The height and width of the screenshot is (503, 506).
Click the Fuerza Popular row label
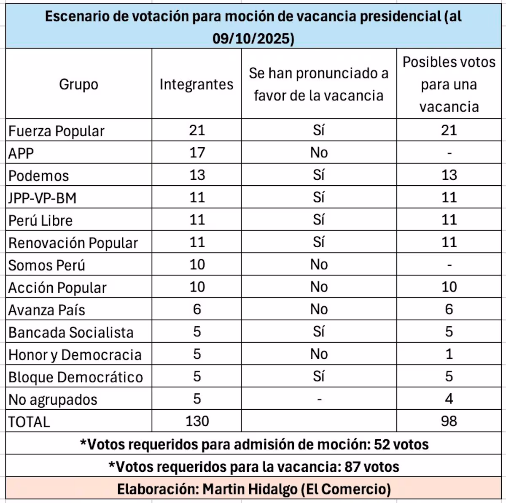click(x=56, y=131)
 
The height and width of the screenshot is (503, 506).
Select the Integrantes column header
click(x=196, y=84)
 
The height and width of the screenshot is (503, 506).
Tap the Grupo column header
click(x=78, y=84)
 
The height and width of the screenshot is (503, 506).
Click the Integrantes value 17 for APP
click(x=197, y=152)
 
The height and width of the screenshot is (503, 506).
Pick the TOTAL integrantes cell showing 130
click(x=197, y=421)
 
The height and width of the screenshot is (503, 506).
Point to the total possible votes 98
click(x=449, y=421)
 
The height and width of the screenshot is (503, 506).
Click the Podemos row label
click(x=38, y=176)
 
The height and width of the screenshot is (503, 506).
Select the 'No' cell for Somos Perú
click(x=319, y=265)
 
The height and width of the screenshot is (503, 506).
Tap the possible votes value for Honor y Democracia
click(x=449, y=354)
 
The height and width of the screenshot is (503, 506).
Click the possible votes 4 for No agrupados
click(x=449, y=399)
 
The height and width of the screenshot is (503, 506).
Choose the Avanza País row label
click(x=46, y=310)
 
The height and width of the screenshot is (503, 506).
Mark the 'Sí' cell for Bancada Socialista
click(x=319, y=332)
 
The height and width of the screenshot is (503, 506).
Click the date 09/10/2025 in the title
click(x=253, y=39)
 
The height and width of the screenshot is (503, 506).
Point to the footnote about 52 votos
click(x=254, y=444)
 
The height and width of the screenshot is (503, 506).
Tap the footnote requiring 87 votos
click(x=254, y=466)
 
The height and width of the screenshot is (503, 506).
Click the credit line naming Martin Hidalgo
click(x=254, y=489)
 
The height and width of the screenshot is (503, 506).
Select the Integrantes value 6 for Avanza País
click(x=197, y=309)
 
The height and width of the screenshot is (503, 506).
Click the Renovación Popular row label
click(x=73, y=243)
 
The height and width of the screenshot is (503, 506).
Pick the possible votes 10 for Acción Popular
click(x=449, y=287)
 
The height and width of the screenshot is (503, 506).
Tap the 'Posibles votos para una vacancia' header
click(x=449, y=84)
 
